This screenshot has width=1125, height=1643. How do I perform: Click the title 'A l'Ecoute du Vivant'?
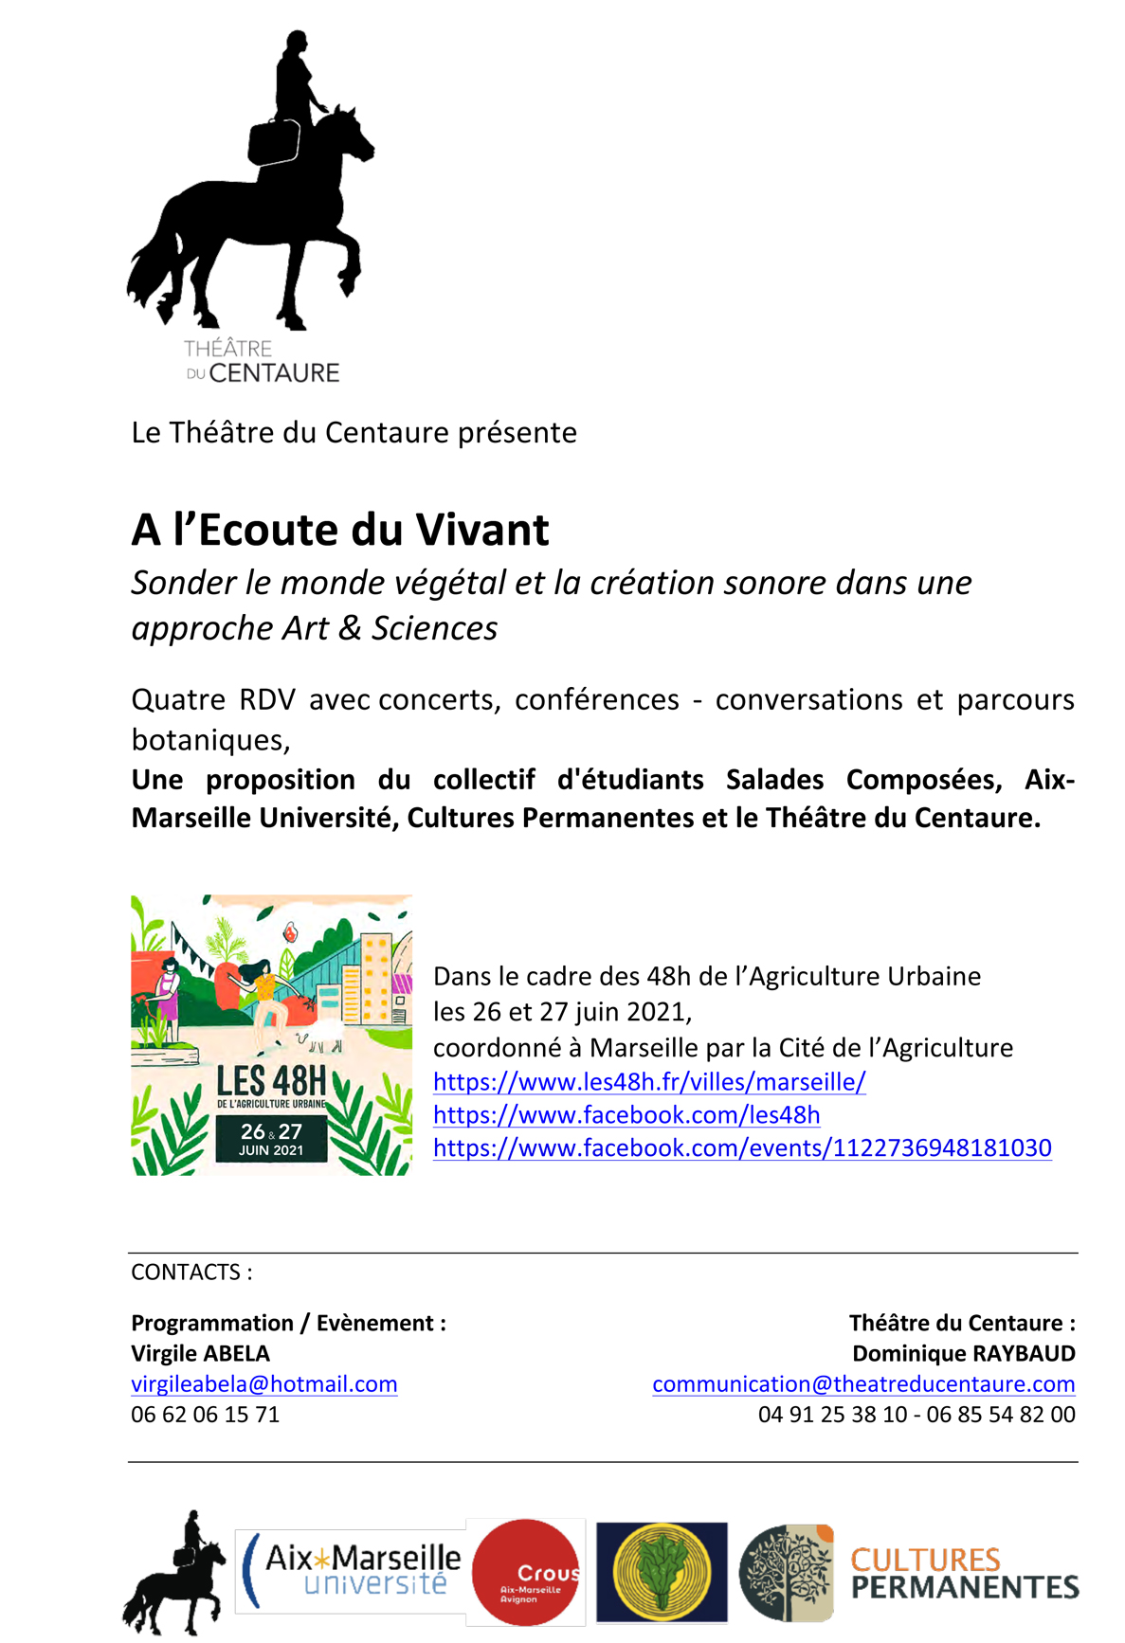coord(339,530)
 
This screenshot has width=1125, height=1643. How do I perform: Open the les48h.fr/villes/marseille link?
coord(649,1081)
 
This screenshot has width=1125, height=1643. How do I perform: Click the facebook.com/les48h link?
coord(626,1114)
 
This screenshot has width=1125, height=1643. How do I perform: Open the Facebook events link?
coord(742,1147)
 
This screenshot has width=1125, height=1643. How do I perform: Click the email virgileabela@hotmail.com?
coord(263,1383)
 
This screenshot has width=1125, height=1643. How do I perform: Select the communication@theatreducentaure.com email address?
coord(863,1383)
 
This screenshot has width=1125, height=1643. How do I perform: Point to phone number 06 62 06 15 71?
coord(205,1414)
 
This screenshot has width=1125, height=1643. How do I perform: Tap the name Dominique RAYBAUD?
coord(964,1353)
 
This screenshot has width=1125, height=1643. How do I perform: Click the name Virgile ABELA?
coord(200,1353)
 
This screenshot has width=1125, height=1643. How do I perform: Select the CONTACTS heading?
coord(191,1272)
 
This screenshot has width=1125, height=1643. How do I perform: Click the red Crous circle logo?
coord(526,1573)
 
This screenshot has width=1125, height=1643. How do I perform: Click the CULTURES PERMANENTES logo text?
coord(963,1574)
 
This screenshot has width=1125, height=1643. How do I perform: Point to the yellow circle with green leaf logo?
coord(662,1573)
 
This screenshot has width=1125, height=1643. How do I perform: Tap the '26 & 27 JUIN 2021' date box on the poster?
coord(271,1139)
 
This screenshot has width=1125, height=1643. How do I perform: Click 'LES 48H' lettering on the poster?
coord(271,1081)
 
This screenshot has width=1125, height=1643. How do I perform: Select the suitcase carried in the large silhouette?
coord(274,142)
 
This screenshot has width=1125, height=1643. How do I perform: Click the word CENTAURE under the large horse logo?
coord(274,373)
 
